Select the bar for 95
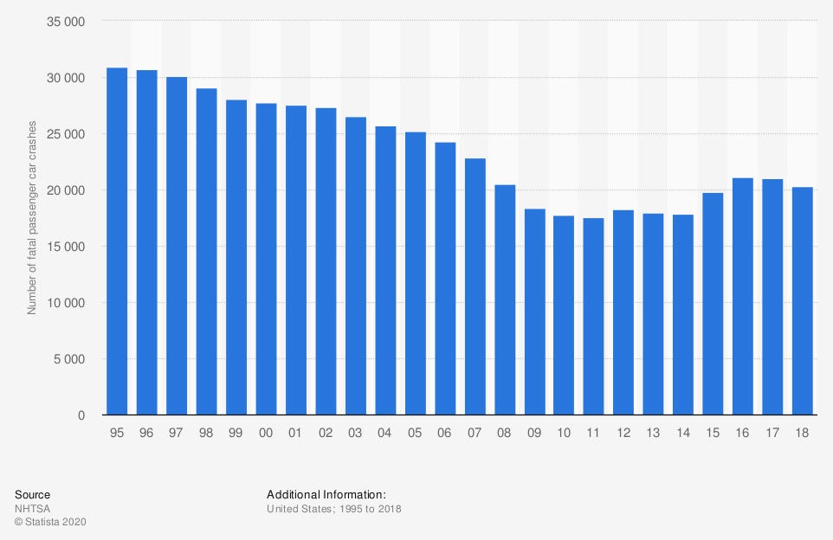[117, 241]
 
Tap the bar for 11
[594, 317]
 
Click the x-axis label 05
[415, 432]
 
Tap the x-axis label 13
[653, 432]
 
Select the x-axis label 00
[266, 432]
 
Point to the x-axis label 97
[177, 432]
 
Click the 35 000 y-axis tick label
[65, 22]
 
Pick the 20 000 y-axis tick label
[65, 190]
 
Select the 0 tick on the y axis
[81, 415]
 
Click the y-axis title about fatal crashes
[32, 217]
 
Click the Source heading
[32, 494]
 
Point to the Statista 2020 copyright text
[51, 522]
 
